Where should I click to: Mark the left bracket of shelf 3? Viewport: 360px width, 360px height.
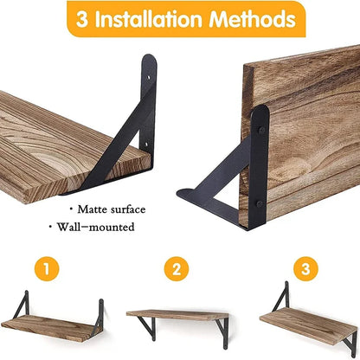click(279, 299)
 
